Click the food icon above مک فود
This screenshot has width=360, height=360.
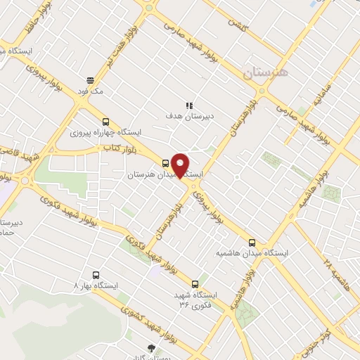click(91, 80)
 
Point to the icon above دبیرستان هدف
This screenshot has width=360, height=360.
click(188, 104)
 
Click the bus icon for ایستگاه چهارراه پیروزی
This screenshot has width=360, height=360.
click(105, 121)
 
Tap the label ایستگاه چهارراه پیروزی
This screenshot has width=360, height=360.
click(106, 132)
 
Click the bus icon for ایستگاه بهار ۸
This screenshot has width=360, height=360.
click(96, 275)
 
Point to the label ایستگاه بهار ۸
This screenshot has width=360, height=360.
click(97, 286)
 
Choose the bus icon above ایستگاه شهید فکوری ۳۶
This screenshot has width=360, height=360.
click(204, 283)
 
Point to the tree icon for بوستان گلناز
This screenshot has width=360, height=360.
click(150, 347)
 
